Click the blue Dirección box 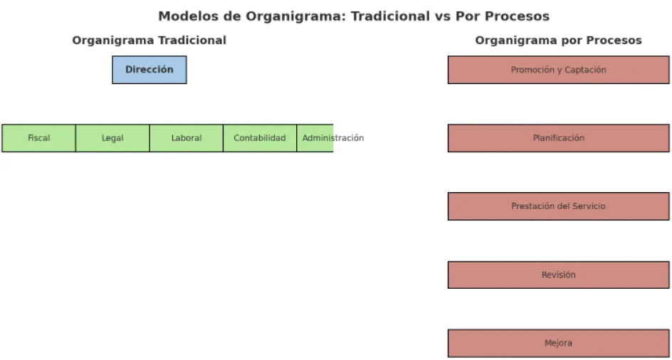point(149,70)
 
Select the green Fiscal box point(38,138)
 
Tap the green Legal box point(112,138)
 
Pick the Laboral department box point(187,138)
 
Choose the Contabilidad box point(260,138)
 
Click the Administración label point(333,138)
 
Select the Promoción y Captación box point(558,70)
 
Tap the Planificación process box point(558,138)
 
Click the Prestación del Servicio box point(558,206)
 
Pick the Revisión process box point(558,275)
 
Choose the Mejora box point(558,343)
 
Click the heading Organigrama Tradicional point(149,41)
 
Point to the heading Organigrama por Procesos point(558,41)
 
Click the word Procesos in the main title point(518,16)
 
